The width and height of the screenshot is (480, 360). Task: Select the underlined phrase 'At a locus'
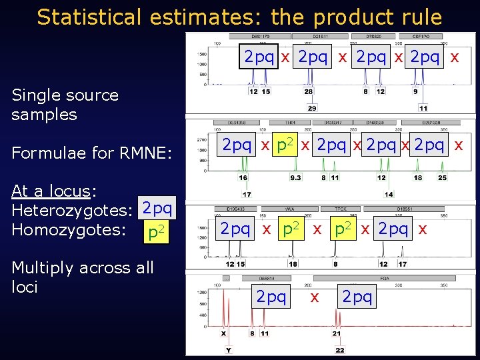(50, 191)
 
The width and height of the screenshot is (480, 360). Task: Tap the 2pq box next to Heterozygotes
(157, 209)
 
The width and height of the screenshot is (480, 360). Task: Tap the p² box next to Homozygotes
(157, 233)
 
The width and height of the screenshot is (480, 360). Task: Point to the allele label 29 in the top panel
(311, 107)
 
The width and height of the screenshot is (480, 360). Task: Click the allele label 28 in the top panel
(308, 91)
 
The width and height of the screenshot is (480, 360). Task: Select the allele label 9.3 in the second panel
(295, 178)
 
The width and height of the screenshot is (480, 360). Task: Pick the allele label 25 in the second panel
(442, 178)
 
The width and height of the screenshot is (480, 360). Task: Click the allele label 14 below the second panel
(389, 194)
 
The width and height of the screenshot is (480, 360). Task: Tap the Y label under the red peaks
(229, 350)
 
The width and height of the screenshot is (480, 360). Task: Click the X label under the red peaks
(223, 333)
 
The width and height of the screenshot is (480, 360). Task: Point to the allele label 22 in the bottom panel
(340, 350)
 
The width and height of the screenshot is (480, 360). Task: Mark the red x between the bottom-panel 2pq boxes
(314, 297)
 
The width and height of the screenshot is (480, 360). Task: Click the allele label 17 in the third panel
(402, 264)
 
